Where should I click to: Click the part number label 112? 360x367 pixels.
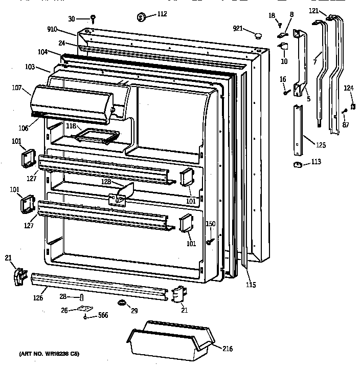pyautogui.click(x=162, y=14)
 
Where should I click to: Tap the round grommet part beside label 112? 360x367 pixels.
pyautogui.click(x=141, y=17)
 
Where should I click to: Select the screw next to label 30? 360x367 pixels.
pyautogui.click(x=94, y=19)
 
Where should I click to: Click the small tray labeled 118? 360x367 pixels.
pyautogui.click(x=97, y=136)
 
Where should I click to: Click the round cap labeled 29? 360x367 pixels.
pyautogui.click(x=122, y=303)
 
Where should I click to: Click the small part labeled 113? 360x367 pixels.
pyautogui.click(x=295, y=164)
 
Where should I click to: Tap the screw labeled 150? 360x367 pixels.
pyautogui.click(x=210, y=241)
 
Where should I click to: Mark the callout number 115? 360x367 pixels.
pyautogui.click(x=250, y=285)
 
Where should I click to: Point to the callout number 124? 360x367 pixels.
pyautogui.click(x=348, y=89)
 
